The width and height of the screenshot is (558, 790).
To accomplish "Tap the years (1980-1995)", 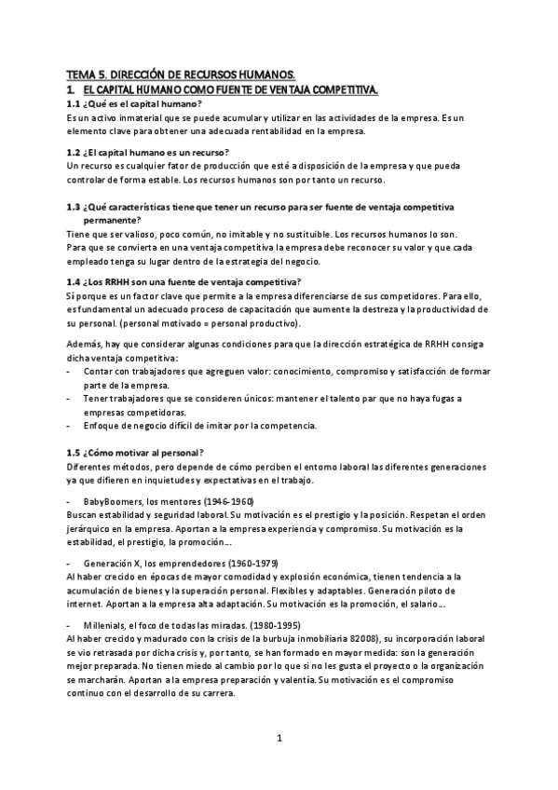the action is coord(270,624).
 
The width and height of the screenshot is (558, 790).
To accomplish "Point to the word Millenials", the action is coord(105,624).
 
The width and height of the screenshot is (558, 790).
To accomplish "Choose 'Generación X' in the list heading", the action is coord(114,564).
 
